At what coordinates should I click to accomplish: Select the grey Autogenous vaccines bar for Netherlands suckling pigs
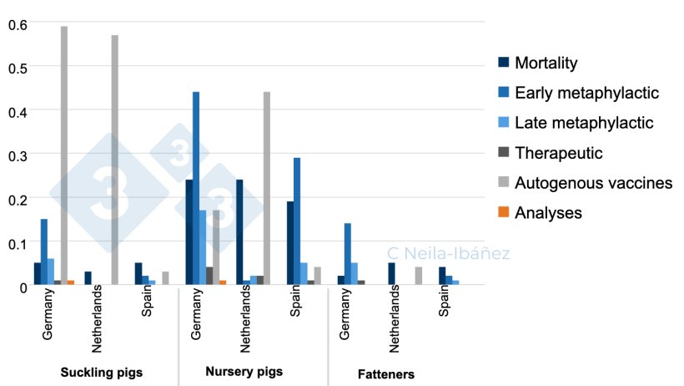pyautogui.click(x=115, y=160)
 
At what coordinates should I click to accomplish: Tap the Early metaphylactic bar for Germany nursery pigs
pyautogui.click(x=196, y=188)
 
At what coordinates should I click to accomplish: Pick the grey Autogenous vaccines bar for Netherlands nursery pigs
pyautogui.click(x=267, y=188)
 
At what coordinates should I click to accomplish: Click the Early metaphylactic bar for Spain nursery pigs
pyautogui.click(x=297, y=221)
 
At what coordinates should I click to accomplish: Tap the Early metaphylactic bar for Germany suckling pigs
pyautogui.click(x=44, y=251)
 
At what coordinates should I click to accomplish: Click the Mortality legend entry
pyautogui.click(x=546, y=63)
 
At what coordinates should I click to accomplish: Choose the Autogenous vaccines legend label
pyautogui.click(x=593, y=182)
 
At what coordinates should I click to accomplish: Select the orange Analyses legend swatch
pyautogui.click(x=502, y=212)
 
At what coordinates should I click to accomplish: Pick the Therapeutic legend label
pyautogui.click(x=558, y=153)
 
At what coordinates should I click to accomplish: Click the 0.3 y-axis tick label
pyautogui.click(x=17, y=155)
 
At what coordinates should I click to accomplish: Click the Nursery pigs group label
pyautogui.click(x=244, y=371)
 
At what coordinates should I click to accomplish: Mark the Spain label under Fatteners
pyautogui.click(x=445, y=313)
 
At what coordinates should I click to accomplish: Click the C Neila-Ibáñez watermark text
pyautogui.click(x=449, y=253)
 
